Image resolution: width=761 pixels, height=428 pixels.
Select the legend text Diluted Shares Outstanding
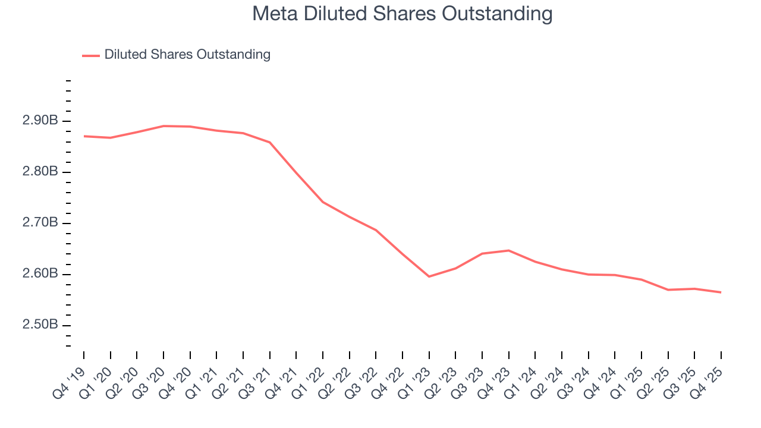tap(187, 55)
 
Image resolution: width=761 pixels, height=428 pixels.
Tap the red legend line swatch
tap(91, 55)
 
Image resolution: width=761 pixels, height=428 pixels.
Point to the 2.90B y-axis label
tap(40, 121)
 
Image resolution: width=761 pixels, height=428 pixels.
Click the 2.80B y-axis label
tap(40, 172)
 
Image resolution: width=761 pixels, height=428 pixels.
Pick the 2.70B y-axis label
tap(40, 223)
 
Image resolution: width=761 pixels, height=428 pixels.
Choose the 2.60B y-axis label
tap(40, 274)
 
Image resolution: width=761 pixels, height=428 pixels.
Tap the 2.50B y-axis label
tap(40, 325)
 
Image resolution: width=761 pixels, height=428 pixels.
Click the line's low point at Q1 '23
tap(429, 276)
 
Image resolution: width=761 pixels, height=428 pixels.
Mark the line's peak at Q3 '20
tap(163, 126)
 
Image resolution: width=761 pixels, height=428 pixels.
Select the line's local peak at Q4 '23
tap(509, 250)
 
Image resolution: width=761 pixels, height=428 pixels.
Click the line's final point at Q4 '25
tap(721, 292)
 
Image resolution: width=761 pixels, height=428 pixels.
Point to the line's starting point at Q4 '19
tap(84, 136)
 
